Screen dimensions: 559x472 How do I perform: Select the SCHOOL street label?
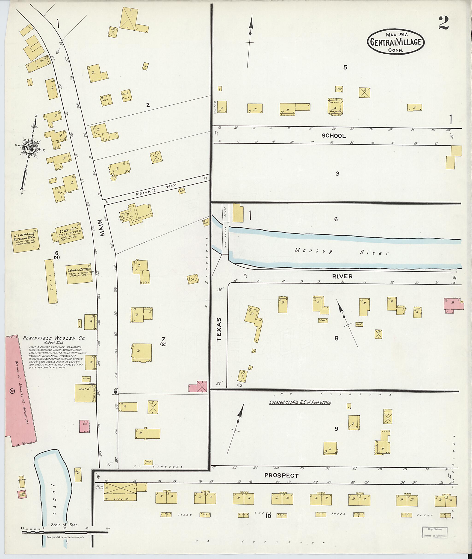click(x=334, y=136)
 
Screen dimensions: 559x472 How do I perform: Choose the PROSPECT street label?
click(x=281, y=476)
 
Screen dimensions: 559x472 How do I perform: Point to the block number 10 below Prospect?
click(x=268, y=516)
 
